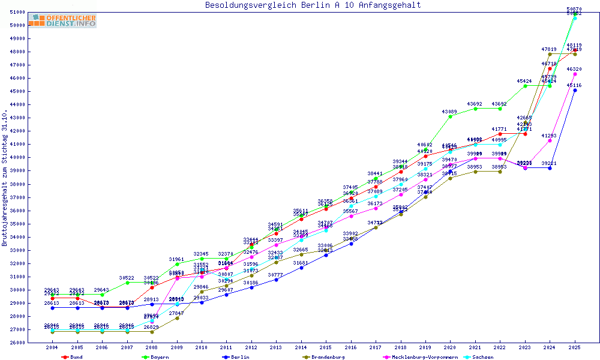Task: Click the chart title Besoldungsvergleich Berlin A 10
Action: (x=313, y=5)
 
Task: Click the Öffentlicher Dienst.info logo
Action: (x=62, y=21)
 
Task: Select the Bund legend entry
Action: (x=72, y=357)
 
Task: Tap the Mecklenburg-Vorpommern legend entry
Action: (x=414, y=357)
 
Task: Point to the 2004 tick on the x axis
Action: (x=53, y=347)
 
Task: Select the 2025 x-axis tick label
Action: (x=575, y=347)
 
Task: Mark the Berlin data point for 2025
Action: (x=575, y=90)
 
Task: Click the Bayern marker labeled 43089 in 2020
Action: (x=451, y=116)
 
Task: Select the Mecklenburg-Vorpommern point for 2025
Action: (x=575, y=74)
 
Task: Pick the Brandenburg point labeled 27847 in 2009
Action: (x=177, y=318)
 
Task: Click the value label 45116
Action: (x=575, y=85)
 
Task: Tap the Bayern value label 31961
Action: (x=177, y=259)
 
